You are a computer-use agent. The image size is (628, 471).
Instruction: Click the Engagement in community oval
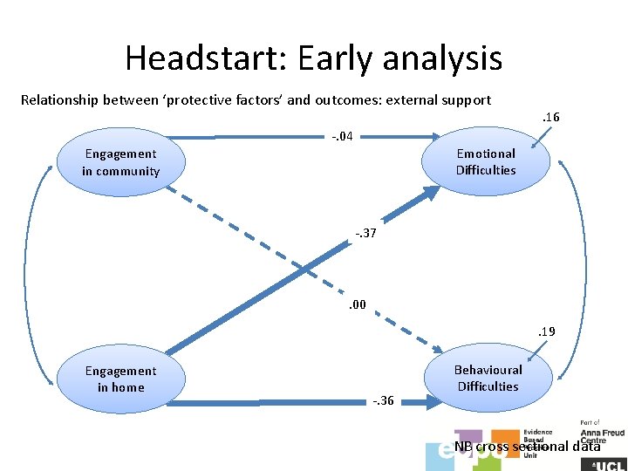(x=121, y=162)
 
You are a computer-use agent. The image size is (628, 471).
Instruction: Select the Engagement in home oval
(x=121, y=379)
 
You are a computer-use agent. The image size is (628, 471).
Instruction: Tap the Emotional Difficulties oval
(x=486, y=162)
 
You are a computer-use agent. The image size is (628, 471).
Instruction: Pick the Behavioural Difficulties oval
(x=488, y=379)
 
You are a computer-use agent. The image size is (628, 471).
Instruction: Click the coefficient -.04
(x=341, y=135)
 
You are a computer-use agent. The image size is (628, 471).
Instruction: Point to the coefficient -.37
(x=366, y=233)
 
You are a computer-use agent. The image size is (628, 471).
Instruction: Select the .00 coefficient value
(x=358, y=305)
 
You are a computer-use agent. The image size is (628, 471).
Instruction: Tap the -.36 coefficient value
(x=383, y=401)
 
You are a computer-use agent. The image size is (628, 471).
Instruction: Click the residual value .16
(x=550, y=117)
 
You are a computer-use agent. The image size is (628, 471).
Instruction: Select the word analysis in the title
(x=447, y=58)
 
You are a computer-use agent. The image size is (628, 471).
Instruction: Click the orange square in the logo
(x=506, y=440)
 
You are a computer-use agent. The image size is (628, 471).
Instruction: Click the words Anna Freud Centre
(x=602, y=436)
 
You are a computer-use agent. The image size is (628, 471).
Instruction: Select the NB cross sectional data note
(x=527, y=447)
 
